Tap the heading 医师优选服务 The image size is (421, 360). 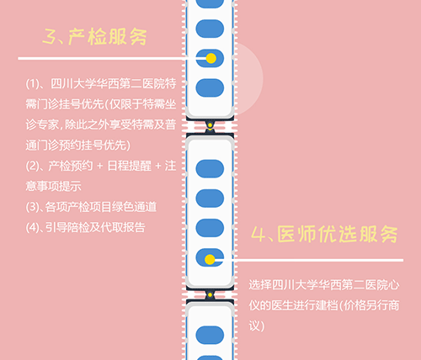pyautogui.click(x=338, y=234)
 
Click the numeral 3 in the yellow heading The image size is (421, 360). pyautogui.click(x=49, y=37)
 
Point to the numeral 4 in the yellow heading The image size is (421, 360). pyautogui.click(x=258, y=234)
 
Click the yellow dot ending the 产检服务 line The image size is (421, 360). pyautogui.click(x=210, y=58)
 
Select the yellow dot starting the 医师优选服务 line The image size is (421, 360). pyautogui.click(x=210, y=260)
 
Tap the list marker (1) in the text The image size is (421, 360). pyautogui.click(x=32, y=83)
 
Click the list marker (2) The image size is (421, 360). pyautogui.click(x=32, y=166)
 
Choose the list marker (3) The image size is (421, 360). pyautogui.click(x=32, y=207)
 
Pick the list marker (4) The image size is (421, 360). pyautogui.click(x=32, y=227)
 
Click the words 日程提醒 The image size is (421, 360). pyautogui.click(x=130, y=166)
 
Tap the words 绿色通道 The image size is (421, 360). pyautogui.click(x=134, y=207)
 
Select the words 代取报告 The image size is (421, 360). pyautogui.click(x=123, y=227)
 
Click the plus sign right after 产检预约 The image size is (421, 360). pyautogui.click(x=99, y=167)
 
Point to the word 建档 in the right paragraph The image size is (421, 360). pyautogui.click(x=327, y=305)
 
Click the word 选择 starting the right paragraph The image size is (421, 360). pyautogui.click(x=260, y=285)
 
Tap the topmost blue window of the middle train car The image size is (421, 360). pyautogui.click(x=210, y=169)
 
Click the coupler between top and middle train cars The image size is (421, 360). pyautogui.click(x=210, y=126)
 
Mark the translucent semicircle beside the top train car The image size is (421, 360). pyautogui.click(x=249, y=79)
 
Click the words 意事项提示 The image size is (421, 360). pyautogui.click(x=53, y=187)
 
